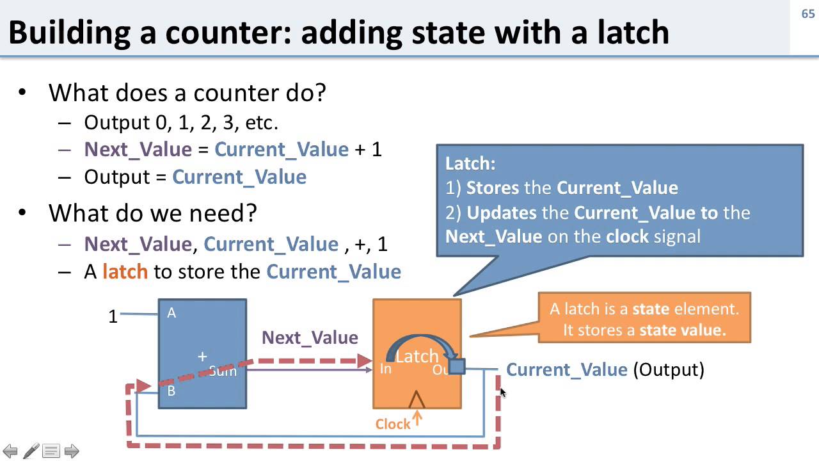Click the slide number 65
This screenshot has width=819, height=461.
tap(807, 13)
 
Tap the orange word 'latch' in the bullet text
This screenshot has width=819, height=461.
tap(125, 271)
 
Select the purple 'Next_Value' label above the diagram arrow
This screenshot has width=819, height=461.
tap(310, 337)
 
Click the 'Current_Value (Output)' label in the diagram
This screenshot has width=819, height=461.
tap(605, 369)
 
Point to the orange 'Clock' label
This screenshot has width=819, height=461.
tap(393, 424)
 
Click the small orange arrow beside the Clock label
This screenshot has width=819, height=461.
tap(417, 418)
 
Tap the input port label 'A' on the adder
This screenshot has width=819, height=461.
tap(171, 313)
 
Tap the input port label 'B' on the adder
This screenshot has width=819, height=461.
tap(171, 391)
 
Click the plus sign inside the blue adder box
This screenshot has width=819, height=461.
tap(203, 357)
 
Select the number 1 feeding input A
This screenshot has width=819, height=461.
tap(113, 316)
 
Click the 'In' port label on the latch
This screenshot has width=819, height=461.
tap(385, 369)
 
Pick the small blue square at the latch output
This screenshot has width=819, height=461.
tap(457, 366)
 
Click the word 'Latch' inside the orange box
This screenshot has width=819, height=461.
tap(417, 356)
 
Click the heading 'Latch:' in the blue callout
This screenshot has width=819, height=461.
tap(470, 163)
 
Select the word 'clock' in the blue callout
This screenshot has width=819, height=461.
tap(628, 236)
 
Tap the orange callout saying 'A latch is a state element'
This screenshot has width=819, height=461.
tap(644, 318)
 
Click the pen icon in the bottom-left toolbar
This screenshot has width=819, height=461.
tap(31, 451)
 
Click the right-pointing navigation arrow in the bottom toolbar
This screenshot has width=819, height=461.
tap(72, 451)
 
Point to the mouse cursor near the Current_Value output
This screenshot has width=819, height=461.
tap(502, 392)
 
